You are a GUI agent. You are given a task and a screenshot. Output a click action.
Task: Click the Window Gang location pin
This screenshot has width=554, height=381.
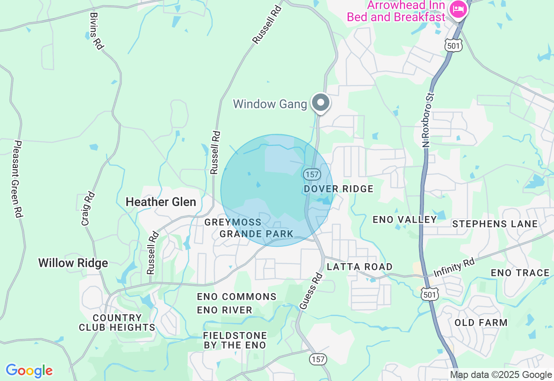pos(321,103)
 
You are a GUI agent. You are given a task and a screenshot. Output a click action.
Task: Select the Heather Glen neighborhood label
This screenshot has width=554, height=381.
pos(161,202)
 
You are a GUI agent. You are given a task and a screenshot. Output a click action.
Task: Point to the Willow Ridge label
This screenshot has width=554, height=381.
pos(73,263)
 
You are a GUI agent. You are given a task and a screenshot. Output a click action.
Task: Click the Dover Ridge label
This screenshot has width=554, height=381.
pos(338,189)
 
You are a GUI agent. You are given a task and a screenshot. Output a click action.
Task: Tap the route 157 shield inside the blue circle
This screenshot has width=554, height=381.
pos(311,174)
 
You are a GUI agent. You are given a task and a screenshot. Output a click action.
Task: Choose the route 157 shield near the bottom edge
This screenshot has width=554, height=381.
pos(318,359)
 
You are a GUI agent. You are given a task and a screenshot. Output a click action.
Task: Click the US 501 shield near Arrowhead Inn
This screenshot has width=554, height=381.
pos(454,45)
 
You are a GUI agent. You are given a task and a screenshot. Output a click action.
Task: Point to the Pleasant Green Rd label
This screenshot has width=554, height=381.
pos(18,179)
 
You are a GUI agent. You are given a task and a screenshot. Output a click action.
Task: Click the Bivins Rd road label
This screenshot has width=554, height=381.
pos(97,31)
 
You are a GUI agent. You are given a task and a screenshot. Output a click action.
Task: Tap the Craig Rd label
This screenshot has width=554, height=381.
pos(87,209)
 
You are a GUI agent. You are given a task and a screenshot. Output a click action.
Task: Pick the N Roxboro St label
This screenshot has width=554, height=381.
pos(428,119)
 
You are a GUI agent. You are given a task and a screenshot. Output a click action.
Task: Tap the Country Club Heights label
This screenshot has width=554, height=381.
pos(117,323)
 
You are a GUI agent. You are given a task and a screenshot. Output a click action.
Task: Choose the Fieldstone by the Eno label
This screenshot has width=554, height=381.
pos(235,340)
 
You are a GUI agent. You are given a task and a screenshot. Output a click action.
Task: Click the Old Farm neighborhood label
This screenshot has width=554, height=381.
pos(481,323)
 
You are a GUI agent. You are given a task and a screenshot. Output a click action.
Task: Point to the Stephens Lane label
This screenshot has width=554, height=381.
pos(495,224)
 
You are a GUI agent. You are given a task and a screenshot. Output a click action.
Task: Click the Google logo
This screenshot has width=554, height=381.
pos(29,371)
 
